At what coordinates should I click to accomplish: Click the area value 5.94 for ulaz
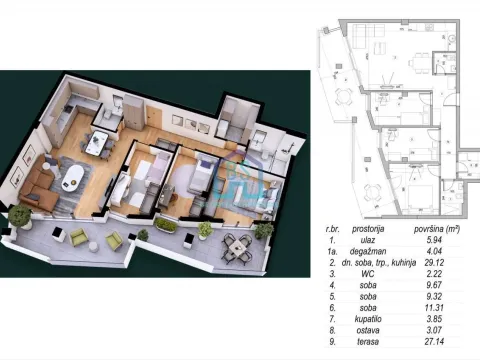434,240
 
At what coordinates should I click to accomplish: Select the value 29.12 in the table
434,263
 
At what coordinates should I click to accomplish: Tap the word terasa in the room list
368,342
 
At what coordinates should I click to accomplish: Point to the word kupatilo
368,319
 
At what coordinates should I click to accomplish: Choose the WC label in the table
368,274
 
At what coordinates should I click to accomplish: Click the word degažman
368,251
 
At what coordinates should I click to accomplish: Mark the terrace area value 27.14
434,342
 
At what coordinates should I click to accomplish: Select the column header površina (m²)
437,229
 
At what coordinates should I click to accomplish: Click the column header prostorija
368,229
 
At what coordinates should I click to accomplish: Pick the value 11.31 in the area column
434,308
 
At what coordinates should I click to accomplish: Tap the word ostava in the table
368,330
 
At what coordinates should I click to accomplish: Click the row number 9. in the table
332,342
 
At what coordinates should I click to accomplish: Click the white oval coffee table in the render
73,179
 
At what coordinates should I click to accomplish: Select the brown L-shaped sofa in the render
36,186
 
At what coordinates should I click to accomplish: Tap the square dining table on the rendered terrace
237,248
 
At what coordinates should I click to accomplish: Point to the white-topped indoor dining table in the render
96,142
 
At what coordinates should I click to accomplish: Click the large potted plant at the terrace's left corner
21,217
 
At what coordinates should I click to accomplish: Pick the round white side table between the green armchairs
94,246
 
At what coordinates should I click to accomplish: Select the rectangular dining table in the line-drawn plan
418,63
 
